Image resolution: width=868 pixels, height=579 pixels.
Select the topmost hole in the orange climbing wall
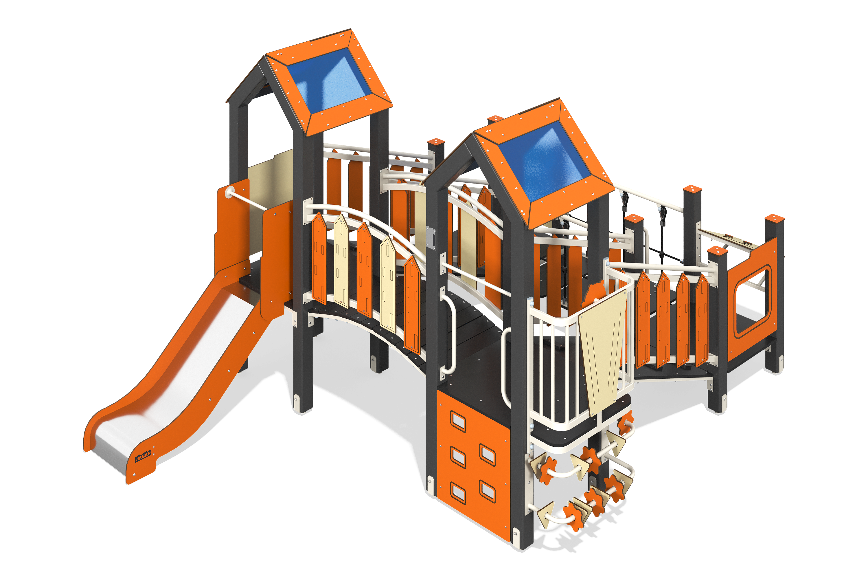pos(458,421)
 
